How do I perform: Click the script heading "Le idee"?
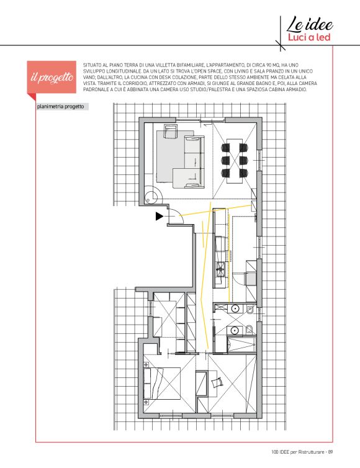310,24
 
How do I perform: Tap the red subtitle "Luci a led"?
309,37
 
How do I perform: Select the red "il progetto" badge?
52,77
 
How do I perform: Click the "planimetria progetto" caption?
60,107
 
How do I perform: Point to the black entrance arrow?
160,216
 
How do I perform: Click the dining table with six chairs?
235,160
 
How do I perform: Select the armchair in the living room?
171,132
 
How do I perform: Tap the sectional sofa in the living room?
189,163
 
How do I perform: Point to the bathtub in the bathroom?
241,344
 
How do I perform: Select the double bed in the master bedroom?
162,383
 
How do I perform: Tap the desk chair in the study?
217,382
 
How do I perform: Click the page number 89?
330,452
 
